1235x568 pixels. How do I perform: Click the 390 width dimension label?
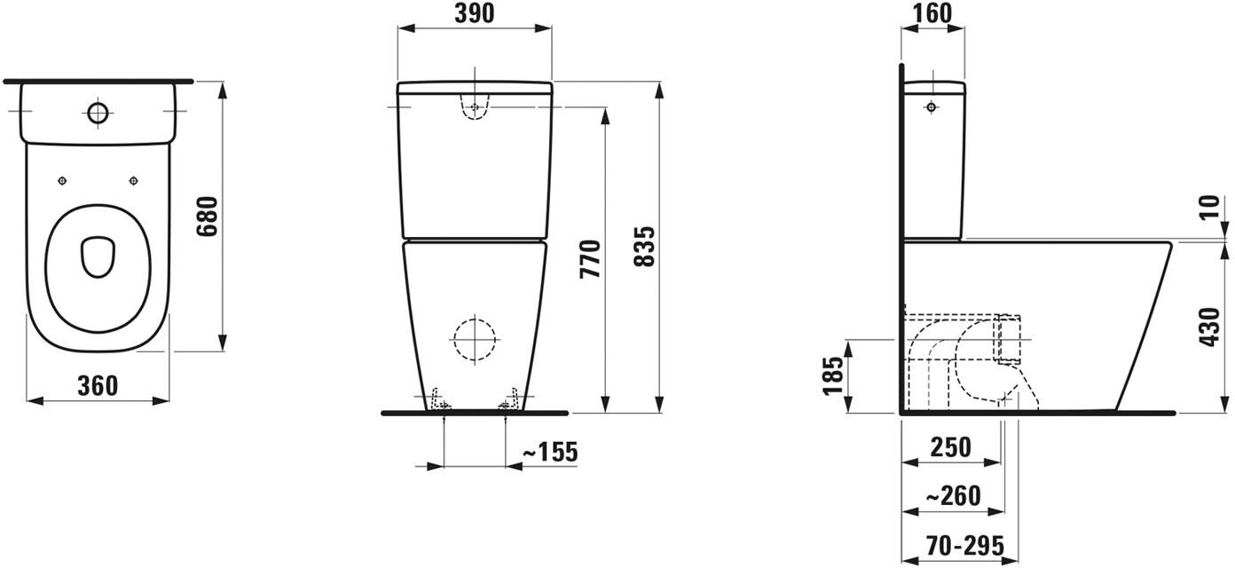[474, 14]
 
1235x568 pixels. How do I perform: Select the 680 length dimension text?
[208, 217]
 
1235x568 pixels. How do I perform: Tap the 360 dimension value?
[98, 385]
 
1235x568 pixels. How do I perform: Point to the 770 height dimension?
[591, 258]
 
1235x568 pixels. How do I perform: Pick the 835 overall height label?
[644, 247]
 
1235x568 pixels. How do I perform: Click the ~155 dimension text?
[550, 453]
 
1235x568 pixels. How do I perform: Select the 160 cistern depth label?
[932, 14]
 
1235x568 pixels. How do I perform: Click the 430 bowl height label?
[1210, 327]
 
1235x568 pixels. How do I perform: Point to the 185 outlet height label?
[833, 376]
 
